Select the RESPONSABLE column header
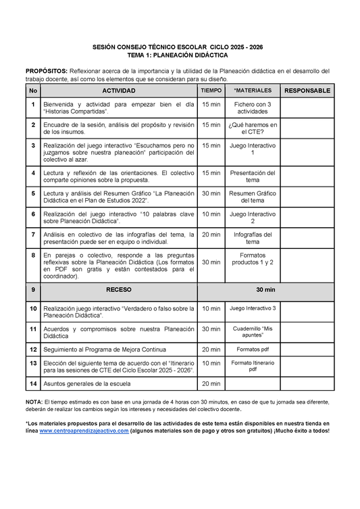pyautogui.click(x=307, y=91)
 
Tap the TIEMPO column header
pyautogui.click(x=211, y=91)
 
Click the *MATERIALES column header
pyautogui.click(x=253, y=91)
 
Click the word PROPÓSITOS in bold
pyautogui.click(x=46, y=71)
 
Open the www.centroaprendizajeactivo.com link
pyautogui.click(x=84, y=431)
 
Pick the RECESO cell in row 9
pyautogui.click(x=118, y=289)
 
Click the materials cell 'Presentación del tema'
pyautogui.click(x=253, y=176)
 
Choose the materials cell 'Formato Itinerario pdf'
pyautogui.click(x=253, y=366)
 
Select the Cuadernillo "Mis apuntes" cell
pyautogui.click(x=253, y=331)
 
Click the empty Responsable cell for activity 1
pyautogui.click(x=307, y=108)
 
